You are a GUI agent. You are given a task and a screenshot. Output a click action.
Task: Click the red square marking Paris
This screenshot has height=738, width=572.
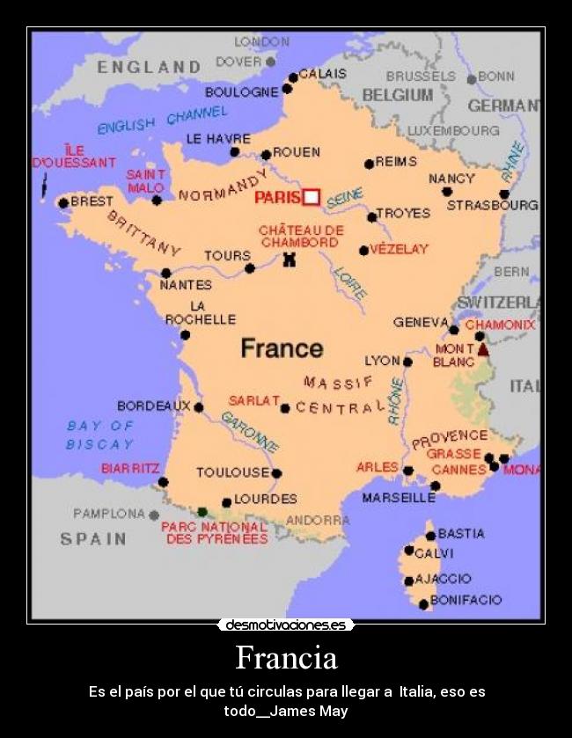point(311,197)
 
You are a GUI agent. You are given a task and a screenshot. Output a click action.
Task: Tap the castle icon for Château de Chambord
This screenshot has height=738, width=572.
point(288,259)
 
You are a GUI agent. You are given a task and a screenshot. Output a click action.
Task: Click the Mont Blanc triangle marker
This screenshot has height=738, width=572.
point(482,350)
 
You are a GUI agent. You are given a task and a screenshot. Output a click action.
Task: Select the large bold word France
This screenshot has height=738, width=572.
point(282,348)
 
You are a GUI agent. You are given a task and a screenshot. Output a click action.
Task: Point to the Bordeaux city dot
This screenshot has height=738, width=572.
point(199,407)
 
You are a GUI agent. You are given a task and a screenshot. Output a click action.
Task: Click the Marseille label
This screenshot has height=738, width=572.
point(399,498)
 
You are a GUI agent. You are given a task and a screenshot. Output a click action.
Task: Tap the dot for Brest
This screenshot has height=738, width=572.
point(63,203)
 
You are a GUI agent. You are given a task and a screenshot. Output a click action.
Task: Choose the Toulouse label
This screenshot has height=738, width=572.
point(232,472)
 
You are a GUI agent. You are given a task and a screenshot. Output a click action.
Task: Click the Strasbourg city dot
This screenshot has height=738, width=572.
point(504,194)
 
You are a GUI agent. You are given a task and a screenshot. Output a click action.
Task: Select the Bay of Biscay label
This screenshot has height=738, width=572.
point(100,435)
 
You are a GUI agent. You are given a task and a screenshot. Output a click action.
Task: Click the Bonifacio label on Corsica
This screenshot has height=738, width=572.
point(466,600)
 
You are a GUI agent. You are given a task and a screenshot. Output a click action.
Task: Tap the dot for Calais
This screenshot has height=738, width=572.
point(293,77)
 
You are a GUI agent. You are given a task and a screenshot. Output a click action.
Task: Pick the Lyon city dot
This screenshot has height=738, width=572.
point(407,362)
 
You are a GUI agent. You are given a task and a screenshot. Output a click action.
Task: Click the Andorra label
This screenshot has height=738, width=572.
point(318,520)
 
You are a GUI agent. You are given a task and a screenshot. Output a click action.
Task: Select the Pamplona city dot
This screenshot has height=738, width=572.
point(154,515)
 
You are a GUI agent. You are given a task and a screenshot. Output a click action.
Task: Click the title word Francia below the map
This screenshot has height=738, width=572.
point(286,658)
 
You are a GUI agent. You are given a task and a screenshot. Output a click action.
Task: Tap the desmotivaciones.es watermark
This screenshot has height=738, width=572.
point(286,625)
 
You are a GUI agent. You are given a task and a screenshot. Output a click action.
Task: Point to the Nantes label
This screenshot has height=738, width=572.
point(186,285)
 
